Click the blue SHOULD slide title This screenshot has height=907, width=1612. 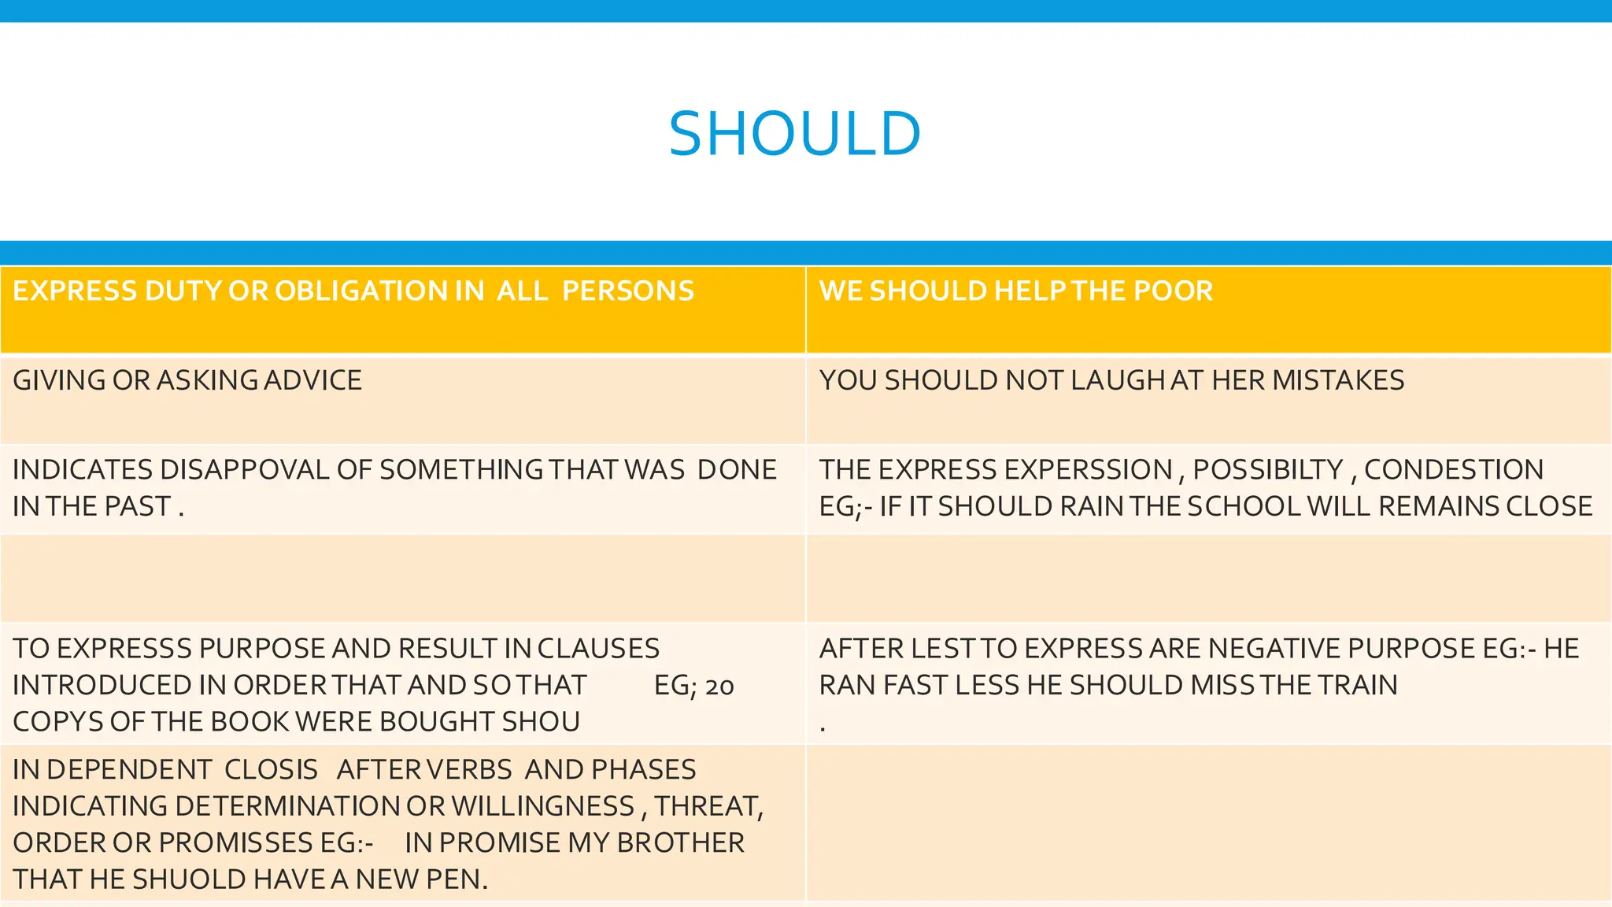pyautogui.click(x=794, y=134)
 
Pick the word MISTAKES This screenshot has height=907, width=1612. pyautogui.click(x=1338, y=380)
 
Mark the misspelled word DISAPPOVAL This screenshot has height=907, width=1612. pyautogui.click(x=244, y=470)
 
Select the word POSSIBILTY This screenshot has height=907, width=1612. pyautogui.click(x=1267, y=470)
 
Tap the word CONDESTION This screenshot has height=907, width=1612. pyautogui.click(x=1454, y=470)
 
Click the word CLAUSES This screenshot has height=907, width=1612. pyautogui.click(x=598, y=649)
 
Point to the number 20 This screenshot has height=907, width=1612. pyautogui.click(x=719, y=687)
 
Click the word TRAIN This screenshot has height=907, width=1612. pyautogui.click(x=1358, y=685)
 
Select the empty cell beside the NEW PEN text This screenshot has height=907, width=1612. pyautogui.click(x=1209, y=823)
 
